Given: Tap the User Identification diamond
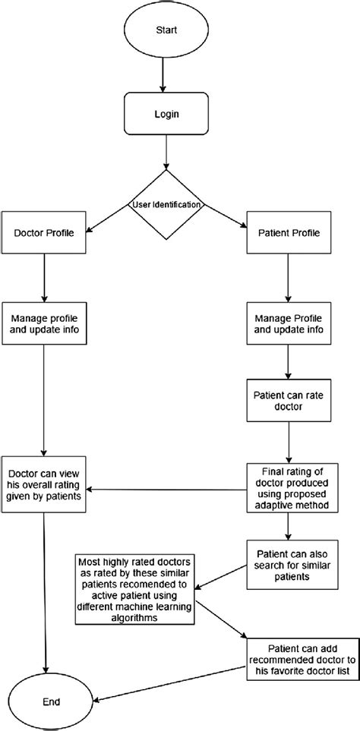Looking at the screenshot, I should click(165, 204).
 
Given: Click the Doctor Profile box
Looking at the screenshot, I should click(44, 232).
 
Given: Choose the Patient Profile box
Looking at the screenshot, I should click(288, 232).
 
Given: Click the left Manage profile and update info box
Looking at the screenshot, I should click(44, 324).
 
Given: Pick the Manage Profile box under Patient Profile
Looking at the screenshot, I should click(288, 324).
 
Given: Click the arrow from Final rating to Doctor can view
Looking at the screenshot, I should click(167, 489).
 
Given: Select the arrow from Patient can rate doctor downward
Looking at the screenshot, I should click(288, 443).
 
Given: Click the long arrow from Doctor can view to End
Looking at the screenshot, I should click(47, 592).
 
